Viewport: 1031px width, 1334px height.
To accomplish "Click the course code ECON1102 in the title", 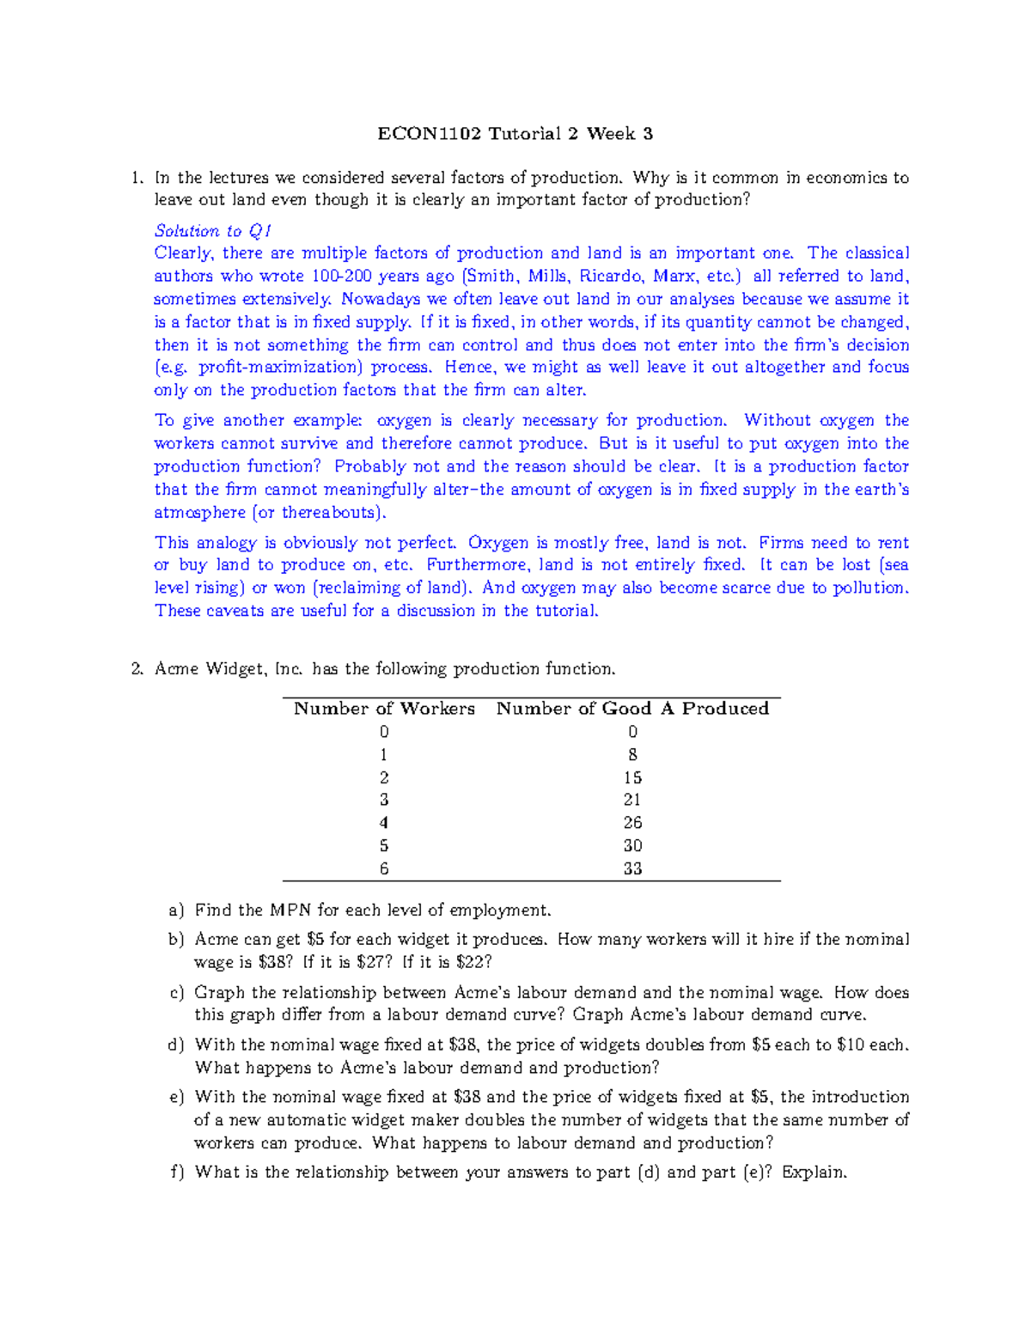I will pyautogui.click(x=430, y=134).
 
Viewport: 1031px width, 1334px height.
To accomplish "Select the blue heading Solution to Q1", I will pyautogui.click(x=213, y=231).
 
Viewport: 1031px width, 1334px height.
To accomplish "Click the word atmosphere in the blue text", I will pyautogui.click(x=199, y=513).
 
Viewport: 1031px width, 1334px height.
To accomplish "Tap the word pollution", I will pyautogui.click(x=869, y=588).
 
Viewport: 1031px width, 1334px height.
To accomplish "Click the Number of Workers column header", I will pyautogui.click(x=384, y=709).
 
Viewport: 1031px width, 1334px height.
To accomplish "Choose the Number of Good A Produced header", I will pyautogui.click(x=632, y=709).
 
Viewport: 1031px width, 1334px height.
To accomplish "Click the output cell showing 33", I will pyautogui.click(x=632, y=868).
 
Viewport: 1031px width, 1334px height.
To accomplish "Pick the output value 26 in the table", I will pyautogui.click(x=632, y=823).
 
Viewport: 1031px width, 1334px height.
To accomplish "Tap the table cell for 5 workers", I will pyautogui.click(x=384, y=846).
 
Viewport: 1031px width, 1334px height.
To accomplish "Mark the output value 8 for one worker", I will pyautogui.click(x=632, y=755).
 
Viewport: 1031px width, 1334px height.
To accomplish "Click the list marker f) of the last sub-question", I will pyautogui.click(x=176, y=1173).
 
